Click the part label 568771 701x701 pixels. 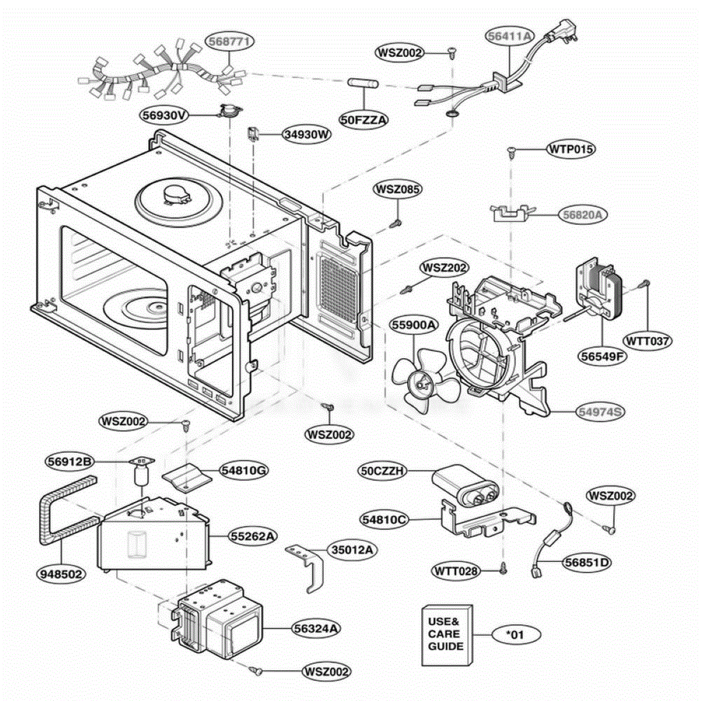pos(230,41)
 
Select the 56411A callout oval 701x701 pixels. pos(510,36)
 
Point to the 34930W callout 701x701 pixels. pos(307,134)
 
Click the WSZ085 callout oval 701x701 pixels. pos(398,189)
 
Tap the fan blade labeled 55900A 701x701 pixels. pos(424,380)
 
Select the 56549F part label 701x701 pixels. pos(602,356)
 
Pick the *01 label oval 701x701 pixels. pos(516,635)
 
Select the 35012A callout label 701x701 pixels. pos(352,550)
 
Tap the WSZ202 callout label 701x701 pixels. pos(444,268)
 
